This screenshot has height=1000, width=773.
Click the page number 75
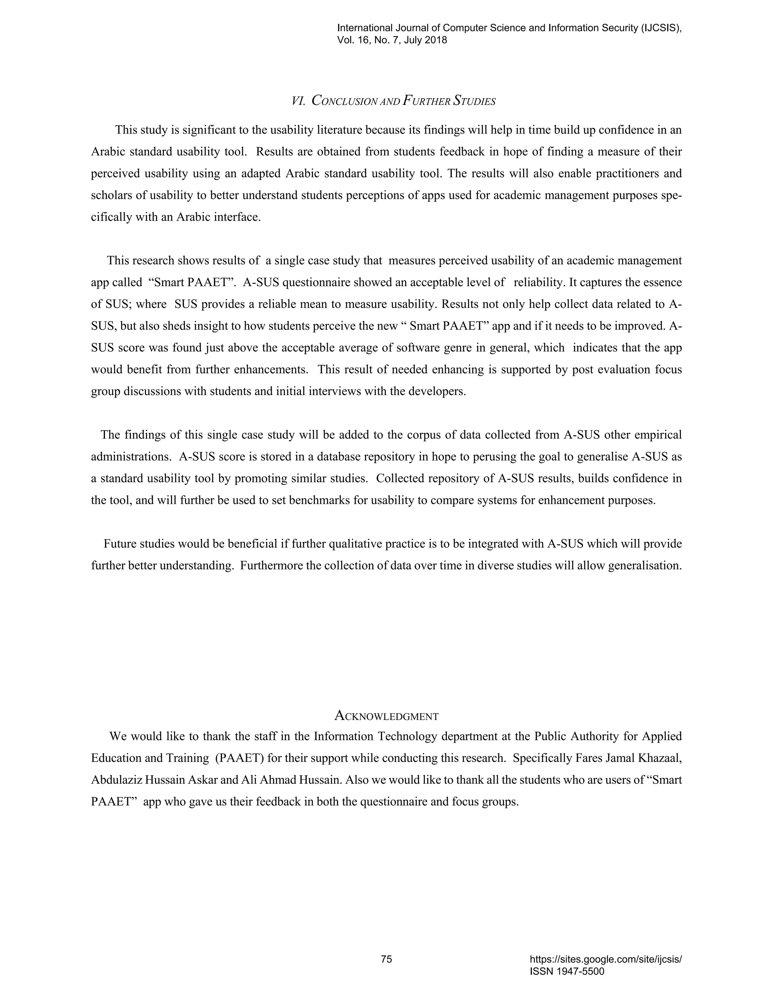[x=386, y=959]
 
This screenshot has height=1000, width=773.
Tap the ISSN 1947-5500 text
[x=567, y=972]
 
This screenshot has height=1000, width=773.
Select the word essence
[x=660, y=283]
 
